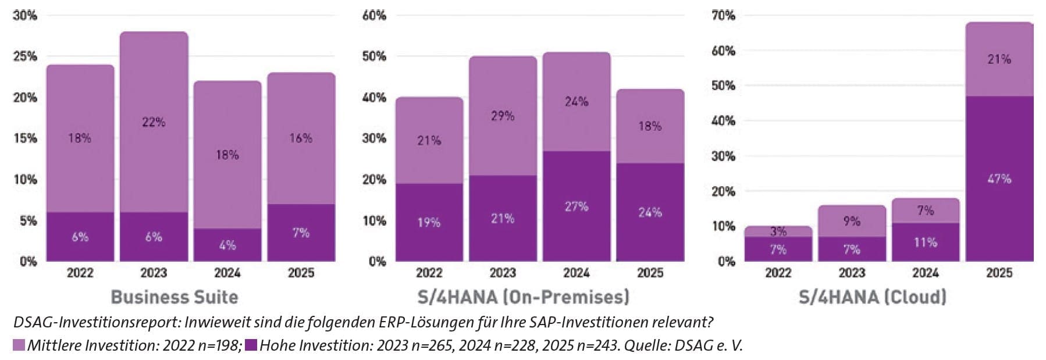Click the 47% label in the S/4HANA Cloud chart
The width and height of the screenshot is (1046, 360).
coord(999,179)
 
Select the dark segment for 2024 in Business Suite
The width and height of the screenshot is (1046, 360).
coord(227,245)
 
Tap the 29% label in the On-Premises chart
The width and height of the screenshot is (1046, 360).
coord(503,116)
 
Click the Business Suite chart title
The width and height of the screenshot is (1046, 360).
coord(175,297)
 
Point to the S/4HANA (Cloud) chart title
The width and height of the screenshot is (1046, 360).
coord(872,297)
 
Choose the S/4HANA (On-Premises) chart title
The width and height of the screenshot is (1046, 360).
coord(524,297)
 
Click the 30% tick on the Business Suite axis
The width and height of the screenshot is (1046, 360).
coord(25,16)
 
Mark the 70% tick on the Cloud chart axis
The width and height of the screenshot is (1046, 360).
coord(723,16)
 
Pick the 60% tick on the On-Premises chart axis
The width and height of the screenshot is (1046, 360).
coord(374,16)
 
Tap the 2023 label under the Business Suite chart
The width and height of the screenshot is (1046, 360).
coord(154,273)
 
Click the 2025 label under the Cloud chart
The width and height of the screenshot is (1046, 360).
coord(999,273)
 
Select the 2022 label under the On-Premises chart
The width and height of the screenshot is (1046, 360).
coord(429,273)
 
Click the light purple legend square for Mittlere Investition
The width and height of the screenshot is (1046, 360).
coord(19,345)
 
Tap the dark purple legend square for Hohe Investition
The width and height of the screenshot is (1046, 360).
coord(251,345)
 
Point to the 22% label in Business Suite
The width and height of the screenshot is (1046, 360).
coord(154,122)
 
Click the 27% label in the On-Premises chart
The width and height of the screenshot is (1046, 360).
coord(577,206)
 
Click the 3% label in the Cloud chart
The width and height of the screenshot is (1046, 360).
coord(778,231)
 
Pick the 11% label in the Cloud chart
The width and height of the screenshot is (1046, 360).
coord(926,242)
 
